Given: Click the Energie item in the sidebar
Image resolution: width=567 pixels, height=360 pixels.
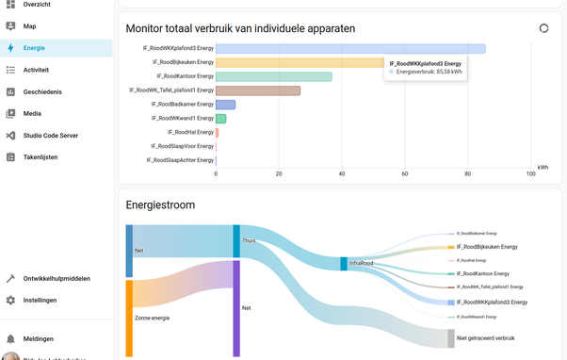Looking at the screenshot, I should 34,47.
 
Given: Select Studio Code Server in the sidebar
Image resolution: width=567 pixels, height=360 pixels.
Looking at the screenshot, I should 50,136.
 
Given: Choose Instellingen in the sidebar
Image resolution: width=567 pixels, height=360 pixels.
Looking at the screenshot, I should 40,301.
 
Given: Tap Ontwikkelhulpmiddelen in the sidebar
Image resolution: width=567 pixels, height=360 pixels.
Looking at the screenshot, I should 57,279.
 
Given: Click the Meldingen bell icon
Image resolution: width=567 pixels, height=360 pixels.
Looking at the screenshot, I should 10,338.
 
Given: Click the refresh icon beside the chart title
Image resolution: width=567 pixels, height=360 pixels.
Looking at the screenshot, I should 543,28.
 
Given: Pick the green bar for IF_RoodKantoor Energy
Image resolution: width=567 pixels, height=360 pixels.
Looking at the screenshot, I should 273,76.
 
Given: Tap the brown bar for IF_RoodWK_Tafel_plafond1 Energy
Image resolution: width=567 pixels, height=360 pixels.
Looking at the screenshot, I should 257,90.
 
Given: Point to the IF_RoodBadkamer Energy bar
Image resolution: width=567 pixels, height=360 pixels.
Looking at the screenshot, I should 225,105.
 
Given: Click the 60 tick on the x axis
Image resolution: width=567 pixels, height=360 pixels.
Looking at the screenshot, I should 405,173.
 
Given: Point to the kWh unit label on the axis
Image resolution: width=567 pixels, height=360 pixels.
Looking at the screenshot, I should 543,167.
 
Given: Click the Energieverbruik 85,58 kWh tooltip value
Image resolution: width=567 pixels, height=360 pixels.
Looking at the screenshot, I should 429,71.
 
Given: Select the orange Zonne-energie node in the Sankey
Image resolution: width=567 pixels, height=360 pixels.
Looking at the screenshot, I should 129,318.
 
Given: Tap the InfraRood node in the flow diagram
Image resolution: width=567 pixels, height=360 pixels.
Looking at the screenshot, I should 345,264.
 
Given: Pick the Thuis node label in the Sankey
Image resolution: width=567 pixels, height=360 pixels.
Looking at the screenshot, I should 249,240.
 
